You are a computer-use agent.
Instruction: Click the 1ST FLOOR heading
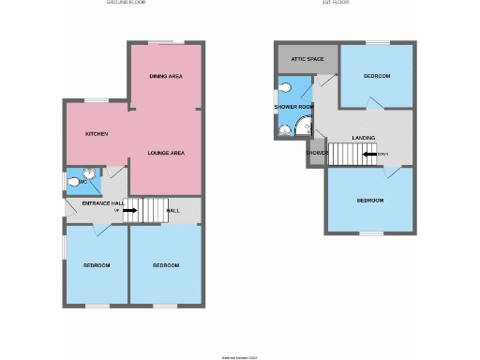tap(335, 3)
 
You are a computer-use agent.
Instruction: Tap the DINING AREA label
tap(165, 76)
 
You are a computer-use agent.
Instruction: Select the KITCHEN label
tap(97, 134)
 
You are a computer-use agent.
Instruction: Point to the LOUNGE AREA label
tap(165, 152)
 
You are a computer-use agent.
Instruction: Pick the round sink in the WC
tap(87, 172)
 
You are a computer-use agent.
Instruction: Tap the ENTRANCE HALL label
tap(103, 203)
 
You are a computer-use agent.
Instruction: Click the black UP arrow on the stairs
tap(129, 210)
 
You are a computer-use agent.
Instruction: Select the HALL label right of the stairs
tap(173, 211)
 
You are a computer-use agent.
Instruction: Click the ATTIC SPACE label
tap(307, 59)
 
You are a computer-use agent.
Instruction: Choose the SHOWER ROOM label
tap(292, 107)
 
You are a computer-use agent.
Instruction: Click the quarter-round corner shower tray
tap(306, 129)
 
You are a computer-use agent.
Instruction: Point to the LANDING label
tap(364, 138)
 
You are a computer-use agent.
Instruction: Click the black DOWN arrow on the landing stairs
tap(371, 155)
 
